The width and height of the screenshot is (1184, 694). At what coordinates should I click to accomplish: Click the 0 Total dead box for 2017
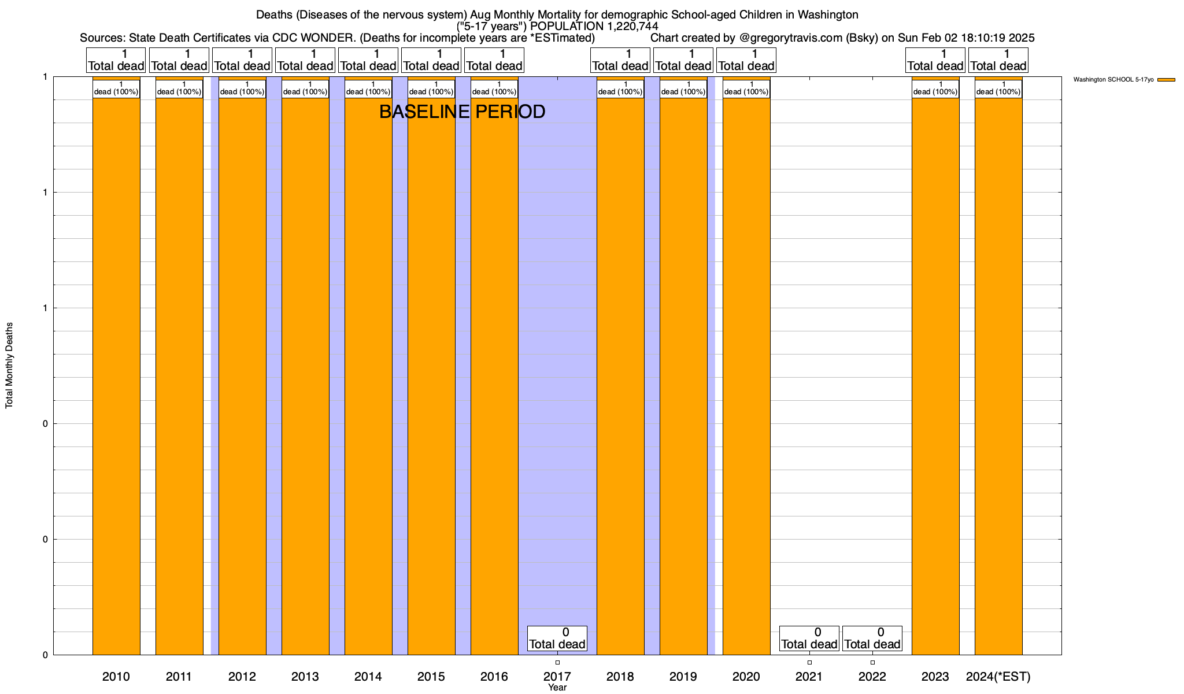(x=557, y=638)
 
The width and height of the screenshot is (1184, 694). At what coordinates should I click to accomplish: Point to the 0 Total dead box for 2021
(x=809, y=638)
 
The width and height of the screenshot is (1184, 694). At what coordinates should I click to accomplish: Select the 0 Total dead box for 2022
(x=872, y=638)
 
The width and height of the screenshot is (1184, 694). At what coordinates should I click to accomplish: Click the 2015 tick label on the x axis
(x=431, y=677)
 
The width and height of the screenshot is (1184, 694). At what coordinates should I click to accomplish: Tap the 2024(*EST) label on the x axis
(x=998, y=677)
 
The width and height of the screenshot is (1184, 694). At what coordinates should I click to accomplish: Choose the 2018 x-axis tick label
(x=620, y=677)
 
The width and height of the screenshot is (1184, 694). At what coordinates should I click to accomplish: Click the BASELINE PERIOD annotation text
(x=462, y=112)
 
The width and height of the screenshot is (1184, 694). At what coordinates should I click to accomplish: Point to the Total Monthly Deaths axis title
(x=9, y=366)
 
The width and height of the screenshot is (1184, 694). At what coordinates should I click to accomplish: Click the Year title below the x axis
(x=557, y=688)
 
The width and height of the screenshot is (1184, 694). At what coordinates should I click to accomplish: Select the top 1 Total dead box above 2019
(x=683, y=60)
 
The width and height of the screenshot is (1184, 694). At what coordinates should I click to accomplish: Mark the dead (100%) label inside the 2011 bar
(x=179, y=89)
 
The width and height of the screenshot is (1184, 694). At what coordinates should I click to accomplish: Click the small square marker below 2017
(x=557, y=663)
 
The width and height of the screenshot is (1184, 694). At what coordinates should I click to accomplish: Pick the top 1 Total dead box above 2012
(x=242, y=60)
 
